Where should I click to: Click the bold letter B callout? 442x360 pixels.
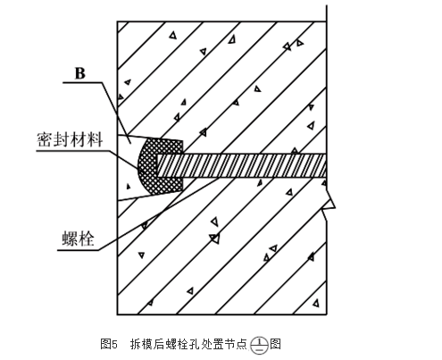[80, 73]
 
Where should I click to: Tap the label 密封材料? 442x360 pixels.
[70, 139]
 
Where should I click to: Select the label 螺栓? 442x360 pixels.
[78, 239]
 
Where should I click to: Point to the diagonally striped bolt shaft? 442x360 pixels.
[241, 165]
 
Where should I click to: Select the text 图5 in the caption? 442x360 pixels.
[109, 344]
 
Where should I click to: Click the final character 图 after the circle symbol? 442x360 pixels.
[275, 344]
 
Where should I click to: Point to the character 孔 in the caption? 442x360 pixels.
[194, 344]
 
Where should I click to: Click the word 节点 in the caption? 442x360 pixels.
[236, 344]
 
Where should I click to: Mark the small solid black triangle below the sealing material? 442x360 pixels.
[129, 187]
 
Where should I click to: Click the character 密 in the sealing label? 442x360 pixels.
[45, 139]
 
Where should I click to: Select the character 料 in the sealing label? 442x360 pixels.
[95, 139]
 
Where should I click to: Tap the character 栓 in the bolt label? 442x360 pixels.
[87, 239]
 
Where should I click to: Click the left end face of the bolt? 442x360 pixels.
[157, 165]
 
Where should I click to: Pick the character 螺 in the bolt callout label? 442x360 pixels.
[70, 239]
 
